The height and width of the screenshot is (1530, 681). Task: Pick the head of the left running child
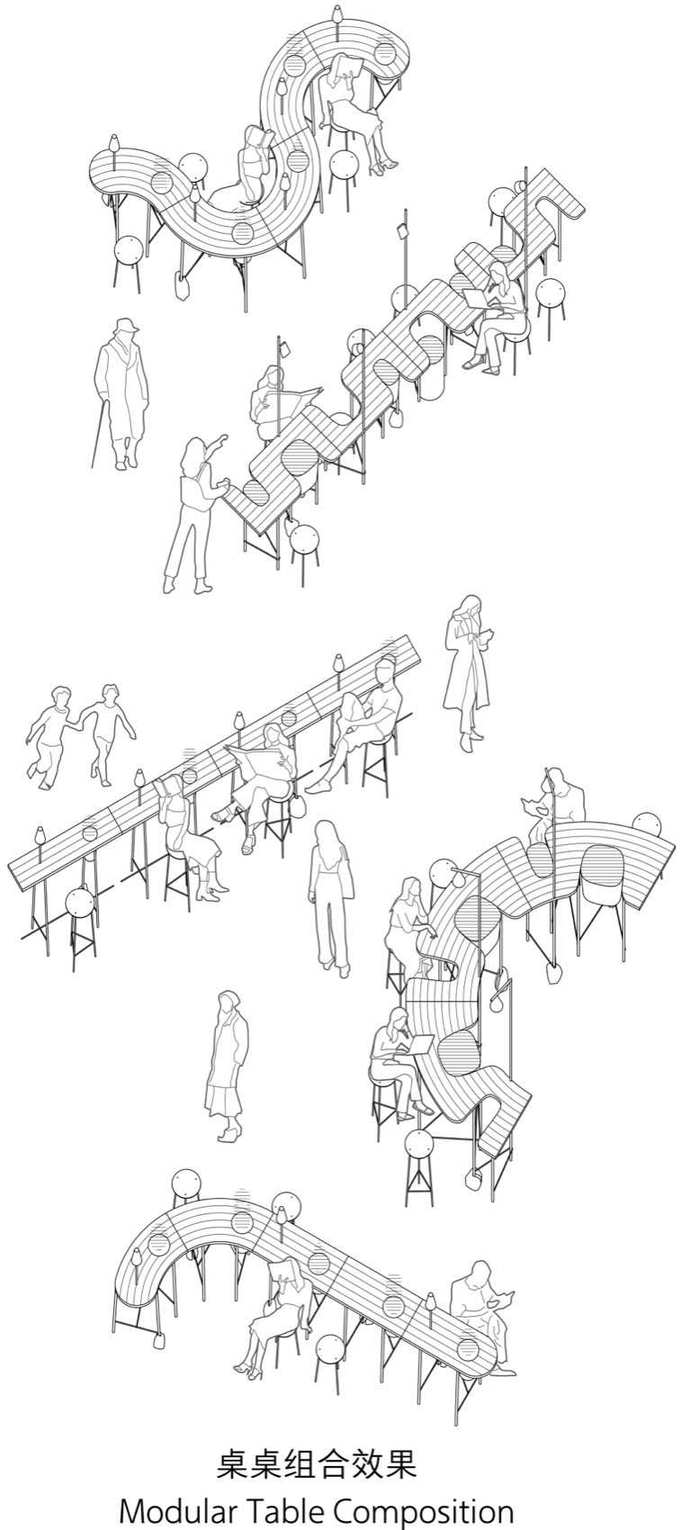[x=61, y=696]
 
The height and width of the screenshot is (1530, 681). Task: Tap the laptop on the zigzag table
[x=475, y=299]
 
